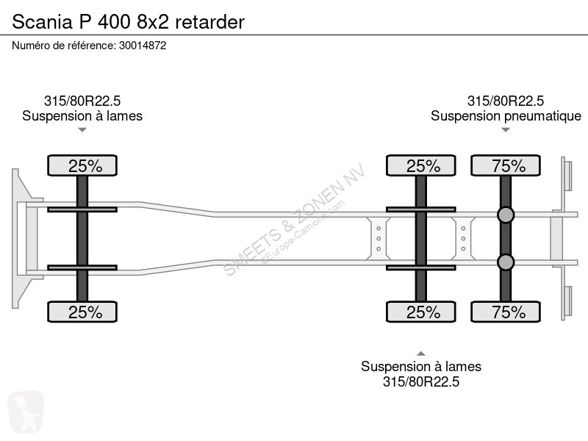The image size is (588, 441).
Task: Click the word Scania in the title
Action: (42, 22)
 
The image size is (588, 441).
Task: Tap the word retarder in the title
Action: (209, 22)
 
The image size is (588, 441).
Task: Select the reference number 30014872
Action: (143, 46)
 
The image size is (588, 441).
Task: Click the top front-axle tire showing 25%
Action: (82, 165)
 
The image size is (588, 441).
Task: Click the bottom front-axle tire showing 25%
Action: (82, 312)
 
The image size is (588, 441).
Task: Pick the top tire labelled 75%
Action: (506, 165)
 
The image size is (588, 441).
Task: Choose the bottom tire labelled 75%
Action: (506, 312)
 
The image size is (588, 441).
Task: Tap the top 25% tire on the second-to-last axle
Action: (420, 165)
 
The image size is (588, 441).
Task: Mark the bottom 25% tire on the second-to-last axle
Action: (420, 312)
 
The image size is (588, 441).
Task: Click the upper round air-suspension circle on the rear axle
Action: (506, 215)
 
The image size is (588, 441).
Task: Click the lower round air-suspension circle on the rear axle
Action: (506, 262)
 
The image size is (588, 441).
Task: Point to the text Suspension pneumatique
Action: (506, 116)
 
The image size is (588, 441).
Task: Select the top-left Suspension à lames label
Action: (82, 116)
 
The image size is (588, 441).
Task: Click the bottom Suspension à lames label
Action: (421, 366)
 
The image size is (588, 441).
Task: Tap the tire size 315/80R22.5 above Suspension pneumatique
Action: (506, 101)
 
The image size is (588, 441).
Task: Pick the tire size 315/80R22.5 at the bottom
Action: (421, 381)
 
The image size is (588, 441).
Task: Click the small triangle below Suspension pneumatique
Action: (506, 130)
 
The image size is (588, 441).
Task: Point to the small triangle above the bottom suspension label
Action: (421, 354)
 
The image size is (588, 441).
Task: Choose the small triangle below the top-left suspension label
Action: (82, 130)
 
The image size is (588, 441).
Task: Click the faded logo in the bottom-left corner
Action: (26, 412)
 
